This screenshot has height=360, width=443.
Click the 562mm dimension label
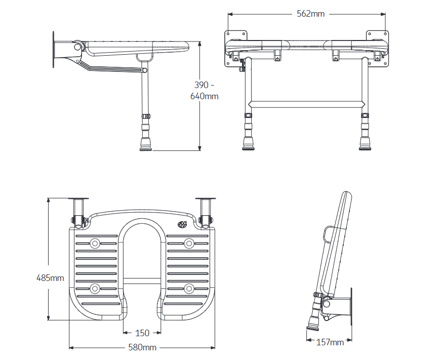pyautogui.click(x=310, y=14)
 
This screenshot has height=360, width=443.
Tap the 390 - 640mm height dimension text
pyautogui.click(x=204, y=90)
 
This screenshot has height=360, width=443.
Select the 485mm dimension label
pyautogui.click(x=50, y=277)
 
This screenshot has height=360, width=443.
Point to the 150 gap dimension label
pyautogui.click(x=142, y=333)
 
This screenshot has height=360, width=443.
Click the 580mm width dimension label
pyautogui.click(x=142, y=347)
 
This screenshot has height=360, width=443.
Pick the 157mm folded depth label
pyautogui.click(x=330, y=342)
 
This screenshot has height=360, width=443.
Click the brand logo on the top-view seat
pyautogui.click(x=182, y=224)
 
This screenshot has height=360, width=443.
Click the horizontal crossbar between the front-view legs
pyautogui.click(x=306, y=104)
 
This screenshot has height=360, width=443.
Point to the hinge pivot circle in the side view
pyautogui.click(x=77, y=47)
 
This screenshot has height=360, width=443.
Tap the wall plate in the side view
pyautogui.click(x=54, y=50)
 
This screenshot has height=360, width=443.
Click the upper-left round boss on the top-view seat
pyautogui.click(x=95, y=244)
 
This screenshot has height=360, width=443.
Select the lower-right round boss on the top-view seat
pyautogui.click(x=189, y=289)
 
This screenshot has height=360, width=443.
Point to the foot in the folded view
pyautogui.click(x=310, y=326)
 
